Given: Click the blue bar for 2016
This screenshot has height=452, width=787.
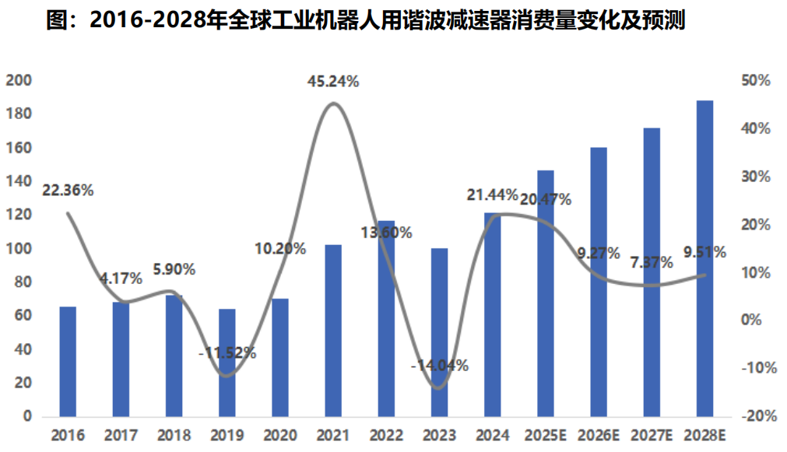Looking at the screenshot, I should click(68, 362).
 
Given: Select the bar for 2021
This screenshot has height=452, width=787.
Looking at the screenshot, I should click(333, 331).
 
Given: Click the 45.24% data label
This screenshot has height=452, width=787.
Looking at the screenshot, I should click(333, 81).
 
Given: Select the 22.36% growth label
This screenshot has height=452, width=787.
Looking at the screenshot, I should click(69, 190).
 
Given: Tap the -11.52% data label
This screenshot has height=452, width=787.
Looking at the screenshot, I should click(227, 352).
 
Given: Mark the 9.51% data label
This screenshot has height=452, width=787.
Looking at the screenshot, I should click(704, 251).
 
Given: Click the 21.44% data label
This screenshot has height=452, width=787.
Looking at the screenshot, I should click(492, 194).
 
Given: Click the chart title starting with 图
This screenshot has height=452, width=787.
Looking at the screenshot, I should click(365, 20).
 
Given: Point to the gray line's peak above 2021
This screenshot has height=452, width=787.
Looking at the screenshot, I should click(333, 103).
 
